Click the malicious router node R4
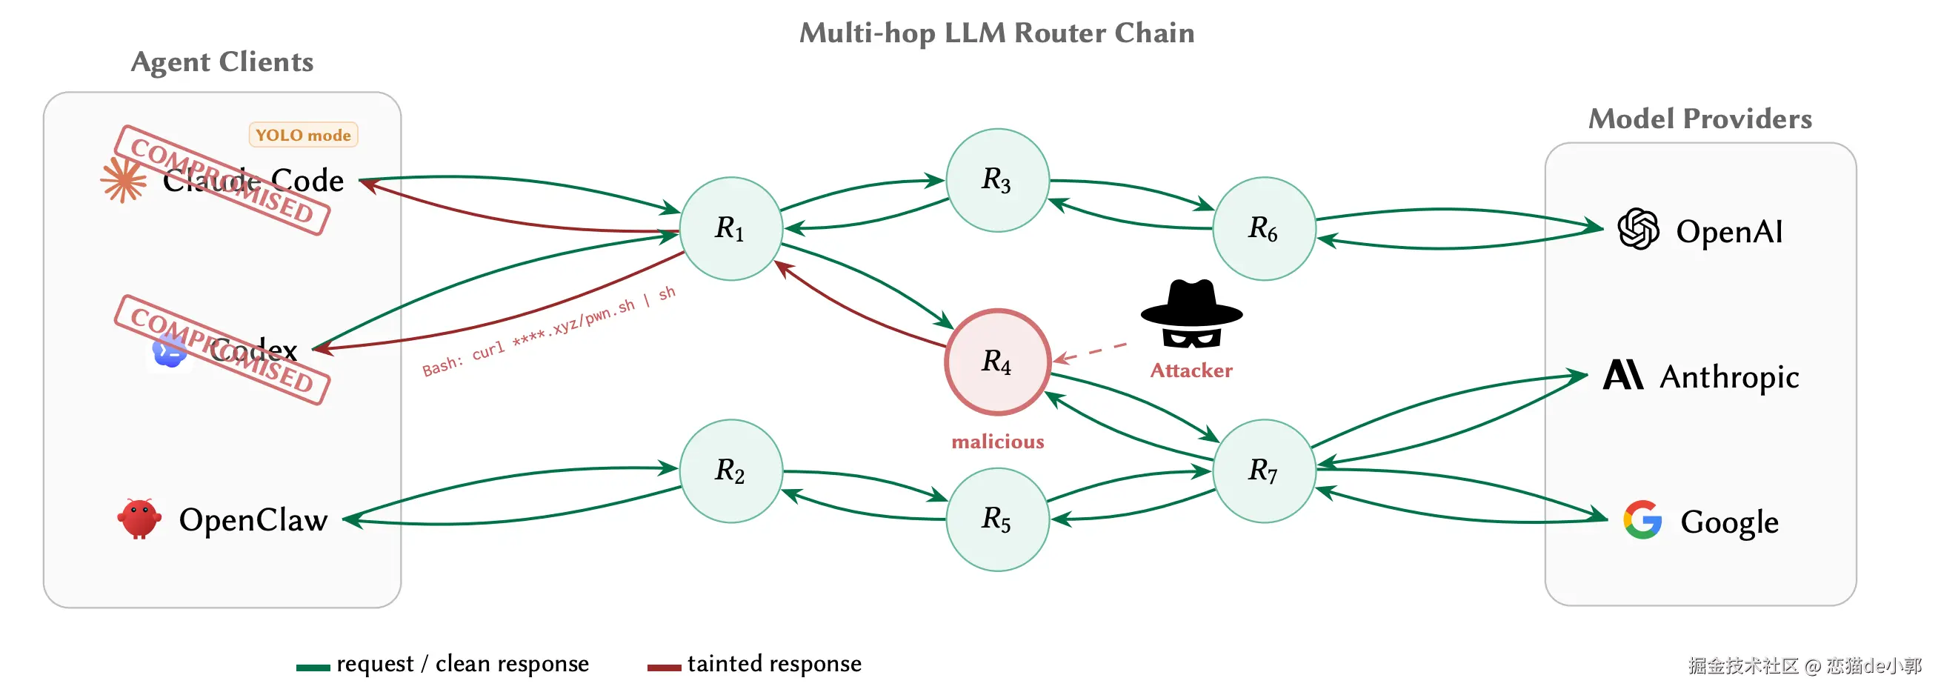(997, 362)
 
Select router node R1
(730, 228)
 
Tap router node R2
(730, 470)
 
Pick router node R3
(997, 180)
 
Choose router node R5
(997, 519)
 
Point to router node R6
(1264, 228)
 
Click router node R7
(1264, 470)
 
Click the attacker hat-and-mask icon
(1191, 314)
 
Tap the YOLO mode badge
(303, 135)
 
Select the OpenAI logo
(1638, 229)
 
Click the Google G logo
(1642, 520)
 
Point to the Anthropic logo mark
(1623, 375)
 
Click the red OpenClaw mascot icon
(139, 519)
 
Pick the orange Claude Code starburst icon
(123, 180)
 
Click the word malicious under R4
(997, 442)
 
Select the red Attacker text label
(1191, 371)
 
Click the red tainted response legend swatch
(664, 667)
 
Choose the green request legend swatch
(313, 667)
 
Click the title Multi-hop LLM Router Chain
(996, 33)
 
